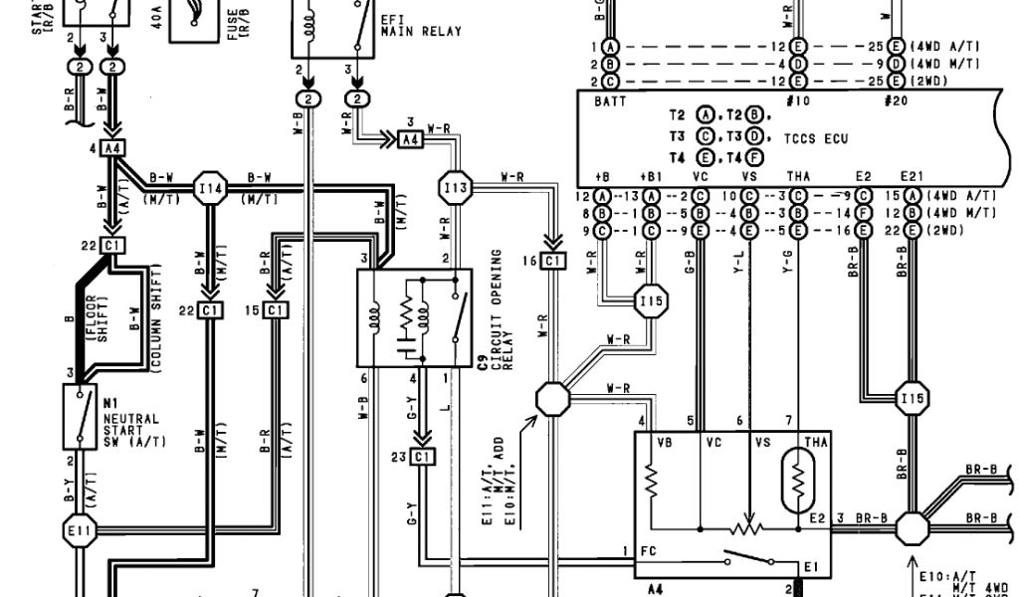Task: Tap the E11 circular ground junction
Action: pyautogui.click(x=82, y=530)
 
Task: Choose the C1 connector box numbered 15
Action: pyautogui.click(x=276, y=310)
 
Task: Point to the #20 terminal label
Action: pyautogui.click(x=896, y=102)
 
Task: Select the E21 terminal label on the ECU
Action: pyautogui.click(x=911, y=177)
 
